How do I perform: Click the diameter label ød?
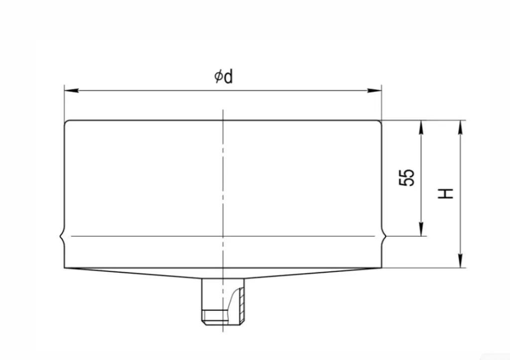(224, 77)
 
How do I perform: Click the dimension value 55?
(406, 177)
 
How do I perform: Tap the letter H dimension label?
(445, 193)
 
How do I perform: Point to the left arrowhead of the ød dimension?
(71, 90)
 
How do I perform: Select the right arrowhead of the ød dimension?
(375, 90)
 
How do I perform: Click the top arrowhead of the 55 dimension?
(421, 127)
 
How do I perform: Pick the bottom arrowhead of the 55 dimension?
(421, 229)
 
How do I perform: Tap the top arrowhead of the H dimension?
(460, 127)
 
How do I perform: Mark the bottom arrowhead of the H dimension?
(460, 261)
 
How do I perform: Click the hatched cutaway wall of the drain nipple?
(241, 304)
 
